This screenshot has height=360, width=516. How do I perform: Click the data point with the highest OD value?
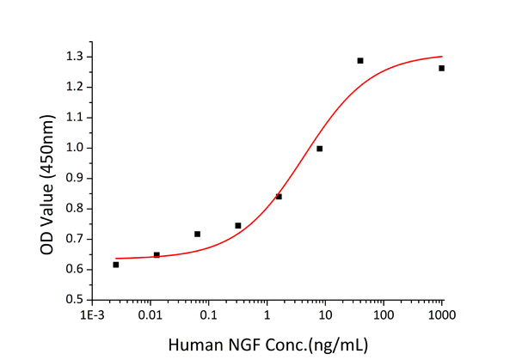coord(360,61)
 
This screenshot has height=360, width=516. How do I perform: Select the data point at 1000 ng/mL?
coord(441,68)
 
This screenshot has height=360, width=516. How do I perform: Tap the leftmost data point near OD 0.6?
coord(116,265)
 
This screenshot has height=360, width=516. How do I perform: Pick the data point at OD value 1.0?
coord(320,149)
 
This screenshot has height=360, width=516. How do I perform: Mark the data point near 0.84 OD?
coord(279,197)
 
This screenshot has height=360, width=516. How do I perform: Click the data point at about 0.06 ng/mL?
coord(197,234)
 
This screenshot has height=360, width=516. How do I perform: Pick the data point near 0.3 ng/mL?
coord(238,226)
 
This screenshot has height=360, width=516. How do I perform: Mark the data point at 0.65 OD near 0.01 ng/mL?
coord(157,255)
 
